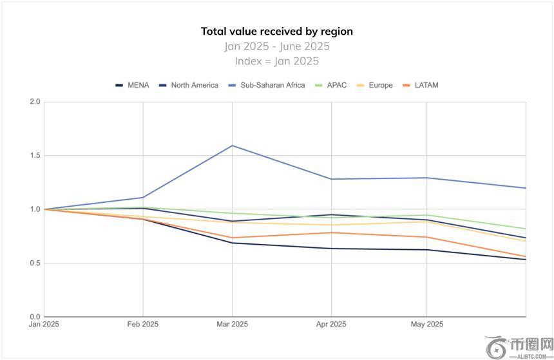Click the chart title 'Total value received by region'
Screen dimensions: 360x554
[277, 32]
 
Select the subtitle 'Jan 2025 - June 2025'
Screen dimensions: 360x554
[277, 46]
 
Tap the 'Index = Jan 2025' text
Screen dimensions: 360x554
[277, 61]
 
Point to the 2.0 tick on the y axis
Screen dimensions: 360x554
[35, 102]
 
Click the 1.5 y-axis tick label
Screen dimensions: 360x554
[35, 156]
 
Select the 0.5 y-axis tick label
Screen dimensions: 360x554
[35, 263]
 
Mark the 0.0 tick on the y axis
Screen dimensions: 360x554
[35, 317]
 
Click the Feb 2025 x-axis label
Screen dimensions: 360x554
[143, 324]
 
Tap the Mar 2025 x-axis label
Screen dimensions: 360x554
[232, 324]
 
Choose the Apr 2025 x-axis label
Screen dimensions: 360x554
[331, 324]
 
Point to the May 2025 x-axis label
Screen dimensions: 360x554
[426, 324]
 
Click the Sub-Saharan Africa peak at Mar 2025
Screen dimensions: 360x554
[232, 146]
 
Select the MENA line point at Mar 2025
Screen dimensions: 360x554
[232, 243]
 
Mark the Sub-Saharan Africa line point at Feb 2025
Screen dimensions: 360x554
[143, 197]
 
